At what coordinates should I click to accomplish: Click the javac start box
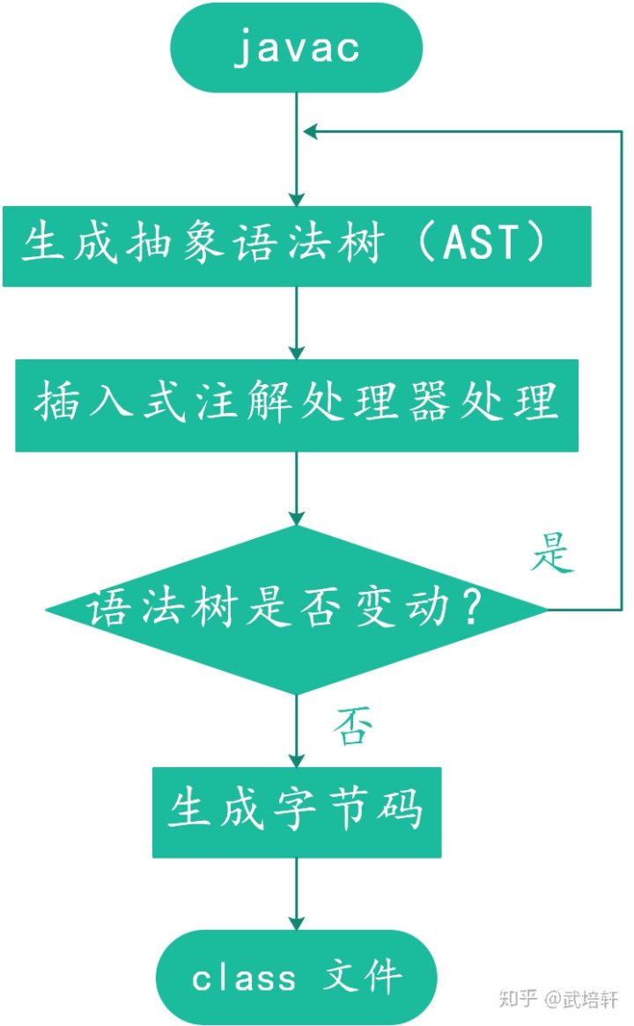coord(297,47)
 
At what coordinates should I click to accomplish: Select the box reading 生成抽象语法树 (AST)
coord(297,246)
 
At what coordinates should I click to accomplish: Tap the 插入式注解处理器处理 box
coord(297,405)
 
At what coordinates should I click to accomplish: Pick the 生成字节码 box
coord(297,811)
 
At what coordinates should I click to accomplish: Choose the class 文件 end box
coord(297,977)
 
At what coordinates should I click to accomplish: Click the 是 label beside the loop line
coord(553,554)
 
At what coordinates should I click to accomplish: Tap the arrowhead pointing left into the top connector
coord(310,131)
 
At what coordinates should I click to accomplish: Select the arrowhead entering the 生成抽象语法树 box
coord(297,198)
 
